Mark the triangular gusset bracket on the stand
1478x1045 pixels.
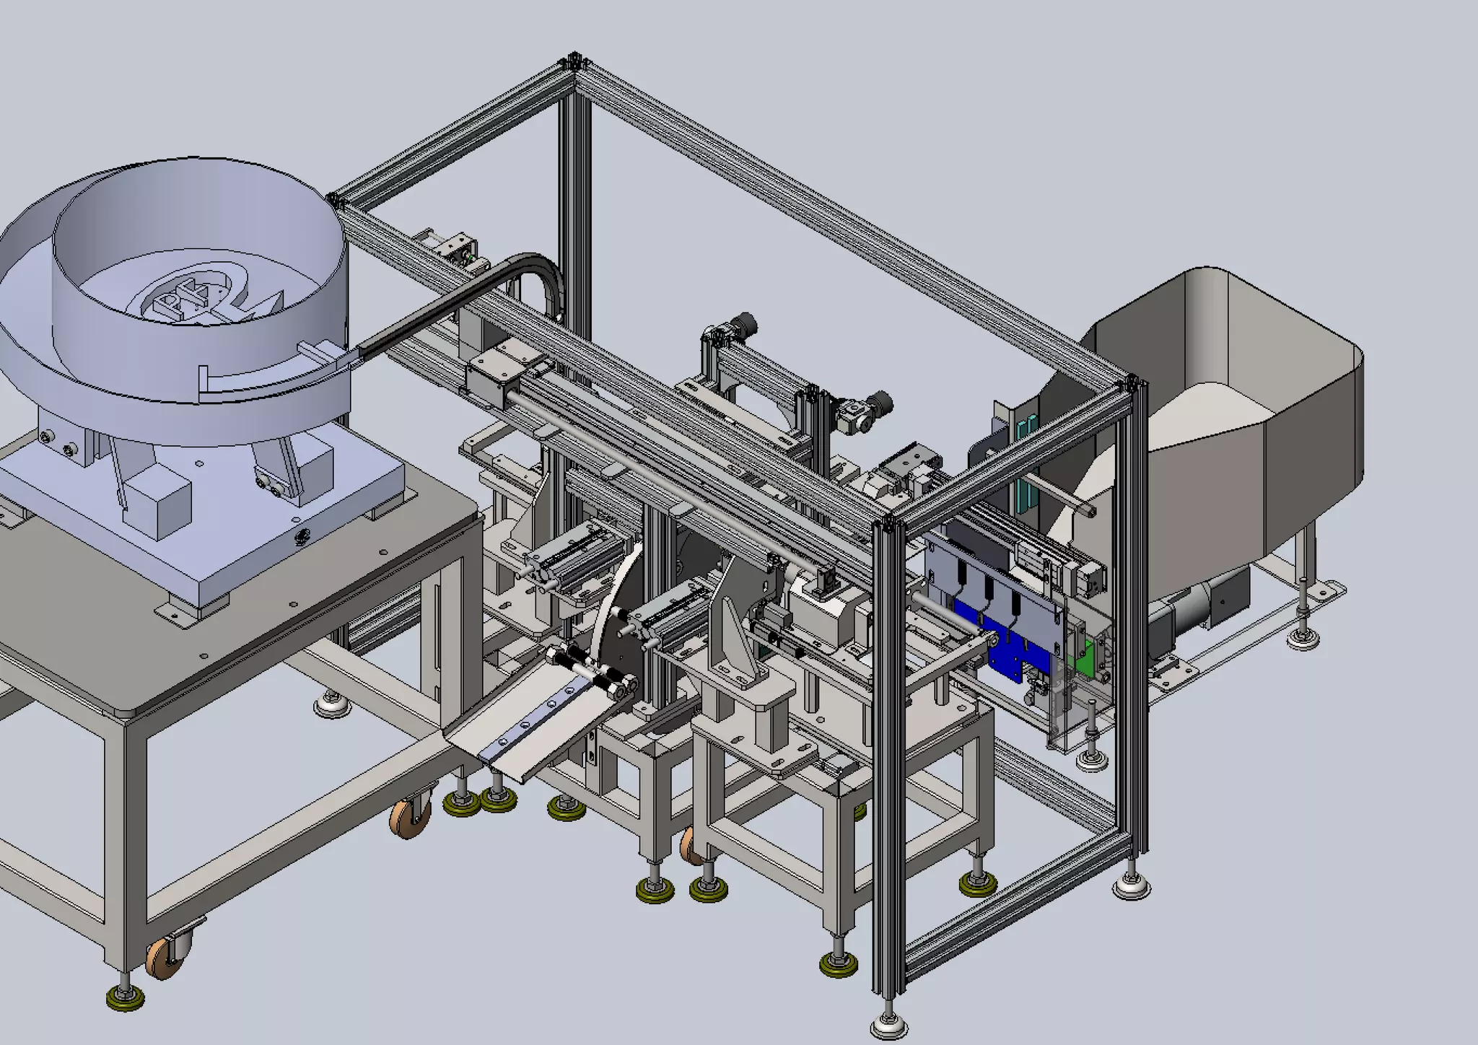coord(729,635)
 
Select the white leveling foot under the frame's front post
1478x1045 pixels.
coord(889,1025)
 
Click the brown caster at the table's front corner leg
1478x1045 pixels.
coord(163,960)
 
